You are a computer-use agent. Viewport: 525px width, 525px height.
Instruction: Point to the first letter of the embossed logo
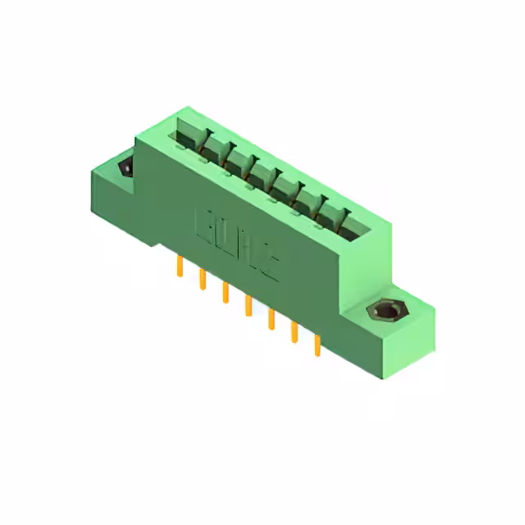click(203, 225)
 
